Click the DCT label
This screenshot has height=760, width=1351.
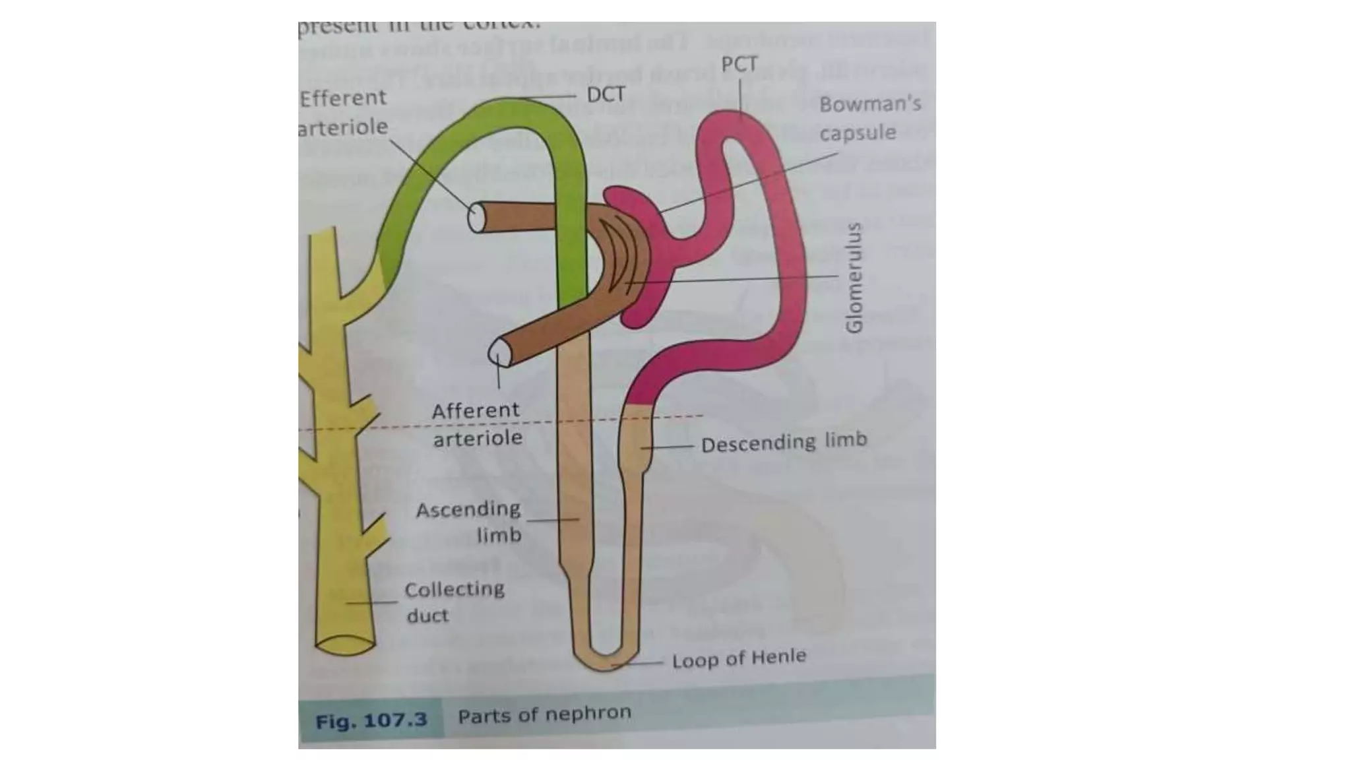coord(606,95)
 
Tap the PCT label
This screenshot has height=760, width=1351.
coord(739,65)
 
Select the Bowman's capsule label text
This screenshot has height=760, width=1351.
coord(869,118)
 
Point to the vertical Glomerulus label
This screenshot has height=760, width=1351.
coord(854,278)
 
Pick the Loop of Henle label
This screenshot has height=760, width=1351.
coord(739,658)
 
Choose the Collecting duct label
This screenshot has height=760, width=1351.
coord(454,602)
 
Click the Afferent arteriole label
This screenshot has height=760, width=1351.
coord(476,424)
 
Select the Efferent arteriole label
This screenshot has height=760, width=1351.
coord(343,112)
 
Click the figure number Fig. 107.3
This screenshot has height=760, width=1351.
coord(371,720)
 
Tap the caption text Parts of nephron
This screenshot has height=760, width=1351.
coord(544,714)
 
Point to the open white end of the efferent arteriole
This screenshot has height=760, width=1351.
coord(476,218)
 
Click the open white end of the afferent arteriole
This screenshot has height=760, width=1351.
coord(499,352)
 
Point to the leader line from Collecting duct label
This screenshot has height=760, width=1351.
coord(371,602)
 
